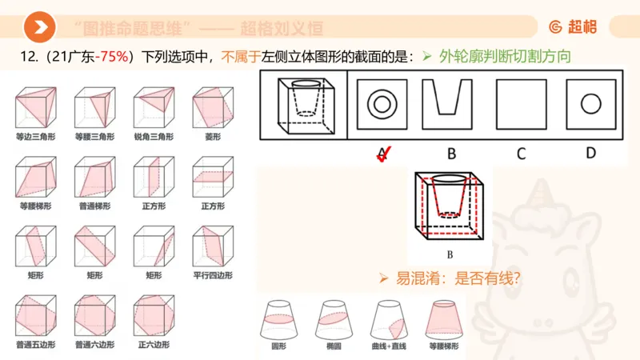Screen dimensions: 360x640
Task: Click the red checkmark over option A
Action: tap(384, 154)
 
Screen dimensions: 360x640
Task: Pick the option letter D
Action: tap(590, 152)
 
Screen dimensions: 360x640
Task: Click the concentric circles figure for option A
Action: tap(382, 104)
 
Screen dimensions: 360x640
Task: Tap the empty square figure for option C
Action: tap(521, 104)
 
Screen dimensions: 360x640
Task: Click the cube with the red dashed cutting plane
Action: tap(450, 207)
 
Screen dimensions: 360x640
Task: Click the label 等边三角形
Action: tap(33, 137)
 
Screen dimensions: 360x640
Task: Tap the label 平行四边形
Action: tap(212, 275)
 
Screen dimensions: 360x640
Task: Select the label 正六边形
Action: tap(153, 345)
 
